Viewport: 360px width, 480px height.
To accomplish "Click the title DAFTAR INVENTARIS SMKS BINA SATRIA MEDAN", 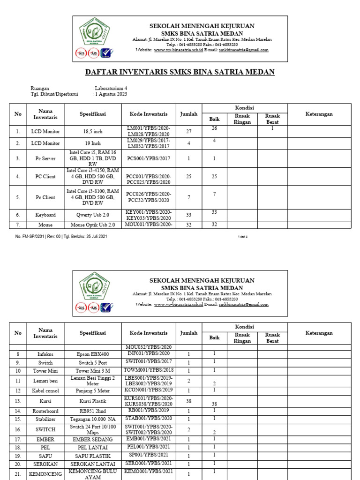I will click(180, 72).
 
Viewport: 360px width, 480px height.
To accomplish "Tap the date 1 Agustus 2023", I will click(111, 94).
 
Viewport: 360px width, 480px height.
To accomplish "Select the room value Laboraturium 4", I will click(111, 88).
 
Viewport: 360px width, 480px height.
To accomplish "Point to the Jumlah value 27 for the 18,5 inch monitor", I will click(189, 132).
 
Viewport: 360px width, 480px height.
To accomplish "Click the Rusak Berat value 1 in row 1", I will click(272, 128).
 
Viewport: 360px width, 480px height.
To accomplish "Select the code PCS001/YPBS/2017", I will click(148, 159).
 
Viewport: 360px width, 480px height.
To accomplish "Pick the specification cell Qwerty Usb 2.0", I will click(92, 215).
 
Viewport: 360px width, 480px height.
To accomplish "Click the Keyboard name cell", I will click(45, 215).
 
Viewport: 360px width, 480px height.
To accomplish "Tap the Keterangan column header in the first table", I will click(319, 114).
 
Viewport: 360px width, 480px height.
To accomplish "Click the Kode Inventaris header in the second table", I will click(148, 333).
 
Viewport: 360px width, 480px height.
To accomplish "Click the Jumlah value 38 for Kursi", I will click(189, 401).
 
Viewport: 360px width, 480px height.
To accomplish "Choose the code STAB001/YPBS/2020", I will click(148, 418).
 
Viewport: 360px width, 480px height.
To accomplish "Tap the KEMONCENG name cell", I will click(45, 474).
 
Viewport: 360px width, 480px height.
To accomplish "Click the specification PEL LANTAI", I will click(92, 448).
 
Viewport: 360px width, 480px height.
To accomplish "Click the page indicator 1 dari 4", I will click(242, 237).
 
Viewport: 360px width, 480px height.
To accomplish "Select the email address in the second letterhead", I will click(243, 304).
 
